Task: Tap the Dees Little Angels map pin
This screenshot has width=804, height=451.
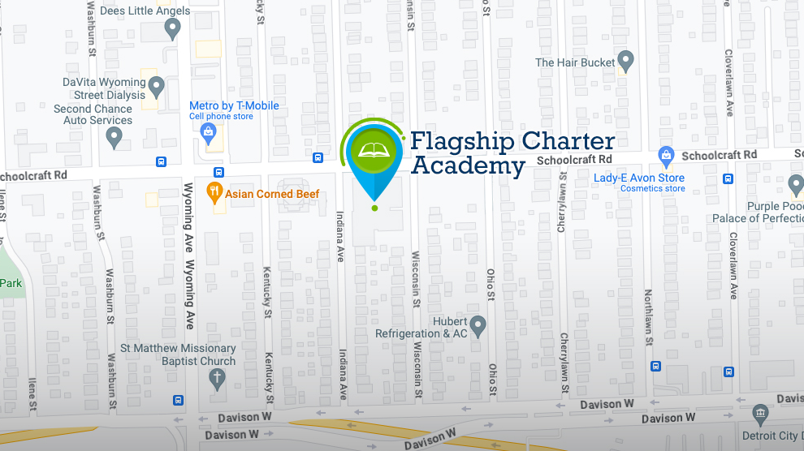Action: click(x=172, y=29)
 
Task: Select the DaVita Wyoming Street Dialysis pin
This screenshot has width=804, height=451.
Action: click(x=157, y=86)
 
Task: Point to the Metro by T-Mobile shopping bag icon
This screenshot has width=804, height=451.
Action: click(x=210, y=131)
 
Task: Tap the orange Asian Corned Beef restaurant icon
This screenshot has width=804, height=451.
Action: click(x=215, y=193)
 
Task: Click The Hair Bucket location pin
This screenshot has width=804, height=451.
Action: click(x=625, y=60)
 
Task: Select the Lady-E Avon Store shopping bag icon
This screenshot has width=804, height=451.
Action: click(x=667, y=154)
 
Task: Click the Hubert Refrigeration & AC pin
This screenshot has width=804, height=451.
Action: click(x=478, y=325)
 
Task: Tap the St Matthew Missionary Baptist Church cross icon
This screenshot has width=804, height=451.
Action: click(x=217, y=377)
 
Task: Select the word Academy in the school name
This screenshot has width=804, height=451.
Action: click(x=469, y=166)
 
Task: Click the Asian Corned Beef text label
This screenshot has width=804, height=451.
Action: click(x=272, y=194)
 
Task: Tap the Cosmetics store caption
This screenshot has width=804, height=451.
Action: click(x=653, y=189)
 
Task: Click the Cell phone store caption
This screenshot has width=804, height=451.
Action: click(x=222, y=117)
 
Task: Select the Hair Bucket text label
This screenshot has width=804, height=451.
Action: click(x=575, y=62)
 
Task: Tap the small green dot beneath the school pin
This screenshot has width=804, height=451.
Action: click(x=374, y=208)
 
